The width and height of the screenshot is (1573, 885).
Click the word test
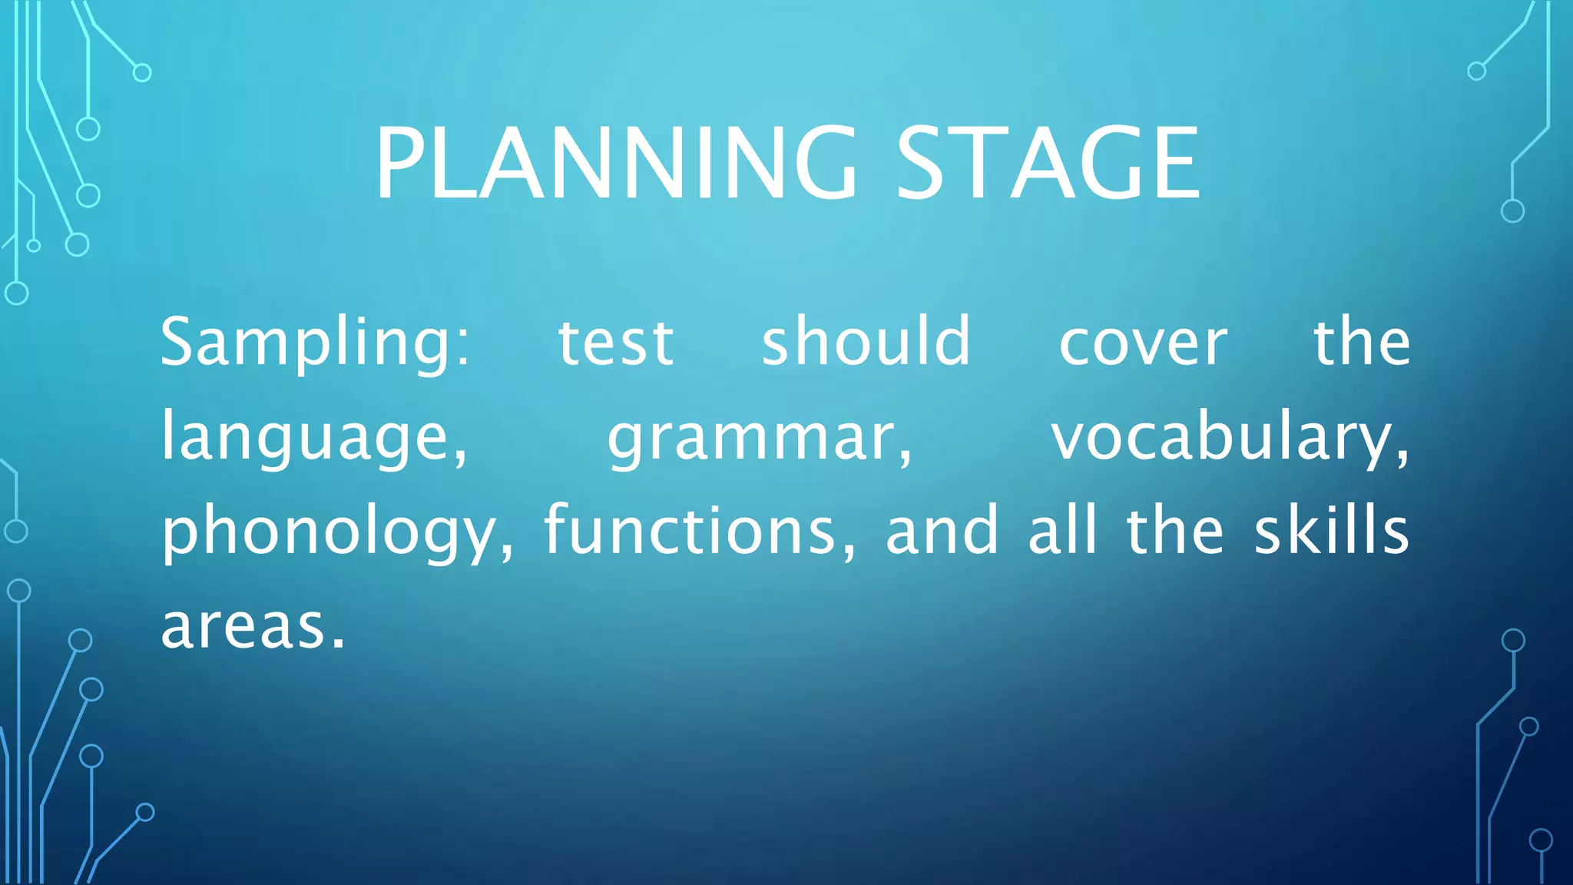[x=615, y=343]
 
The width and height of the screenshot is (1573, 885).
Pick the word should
[x=866, y=341]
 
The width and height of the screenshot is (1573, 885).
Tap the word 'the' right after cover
[x=1362, y=341]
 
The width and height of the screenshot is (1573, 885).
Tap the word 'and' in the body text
[x=942, y=531]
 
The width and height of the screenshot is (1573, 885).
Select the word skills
[x=1332, y=531]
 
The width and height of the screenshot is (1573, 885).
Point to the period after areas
[x=339, y=644]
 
